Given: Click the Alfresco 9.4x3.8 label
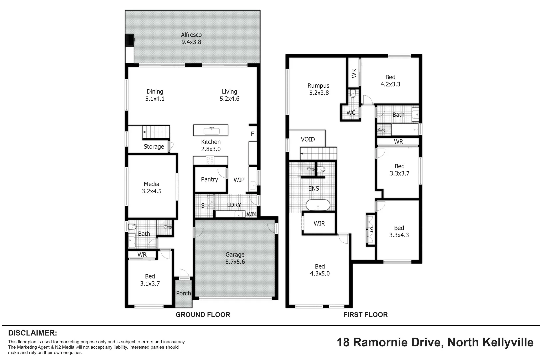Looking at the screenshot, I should click(x=191, y=38).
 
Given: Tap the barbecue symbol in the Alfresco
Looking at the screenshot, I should click(x=130, y=40).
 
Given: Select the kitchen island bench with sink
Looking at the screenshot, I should click(x=211, y=130).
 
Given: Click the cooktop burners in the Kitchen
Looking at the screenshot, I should click(x=210, y=160).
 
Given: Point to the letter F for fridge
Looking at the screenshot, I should click(x=252, y=134).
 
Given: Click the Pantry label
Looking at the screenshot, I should click(x=209, y=179).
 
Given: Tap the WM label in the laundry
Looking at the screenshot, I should click(x=251, y=214).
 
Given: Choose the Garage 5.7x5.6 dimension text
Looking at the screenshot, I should click(x=235, y=262).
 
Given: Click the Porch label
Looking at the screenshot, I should click(x=183, y=293).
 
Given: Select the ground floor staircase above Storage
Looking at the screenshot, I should click(x=156, y=132).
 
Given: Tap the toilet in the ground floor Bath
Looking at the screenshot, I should click(x=132, y=227).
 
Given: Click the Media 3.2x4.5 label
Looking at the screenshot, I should click(x=151, y=188).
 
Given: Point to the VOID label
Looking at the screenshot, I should click(x=307, y=139).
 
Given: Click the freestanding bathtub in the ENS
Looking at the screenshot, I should click(x=318, y=205).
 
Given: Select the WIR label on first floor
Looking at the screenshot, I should click(x=319, y=224).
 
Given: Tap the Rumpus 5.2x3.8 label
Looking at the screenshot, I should click(x=318, y=89).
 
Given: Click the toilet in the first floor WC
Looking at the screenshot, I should click(x=353, y=94).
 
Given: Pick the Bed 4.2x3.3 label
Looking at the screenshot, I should click(x=390, y=81).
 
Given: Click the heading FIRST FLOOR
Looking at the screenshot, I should click(x=365, y=315).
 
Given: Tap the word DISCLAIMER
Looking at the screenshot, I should click(x=33, y=333).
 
